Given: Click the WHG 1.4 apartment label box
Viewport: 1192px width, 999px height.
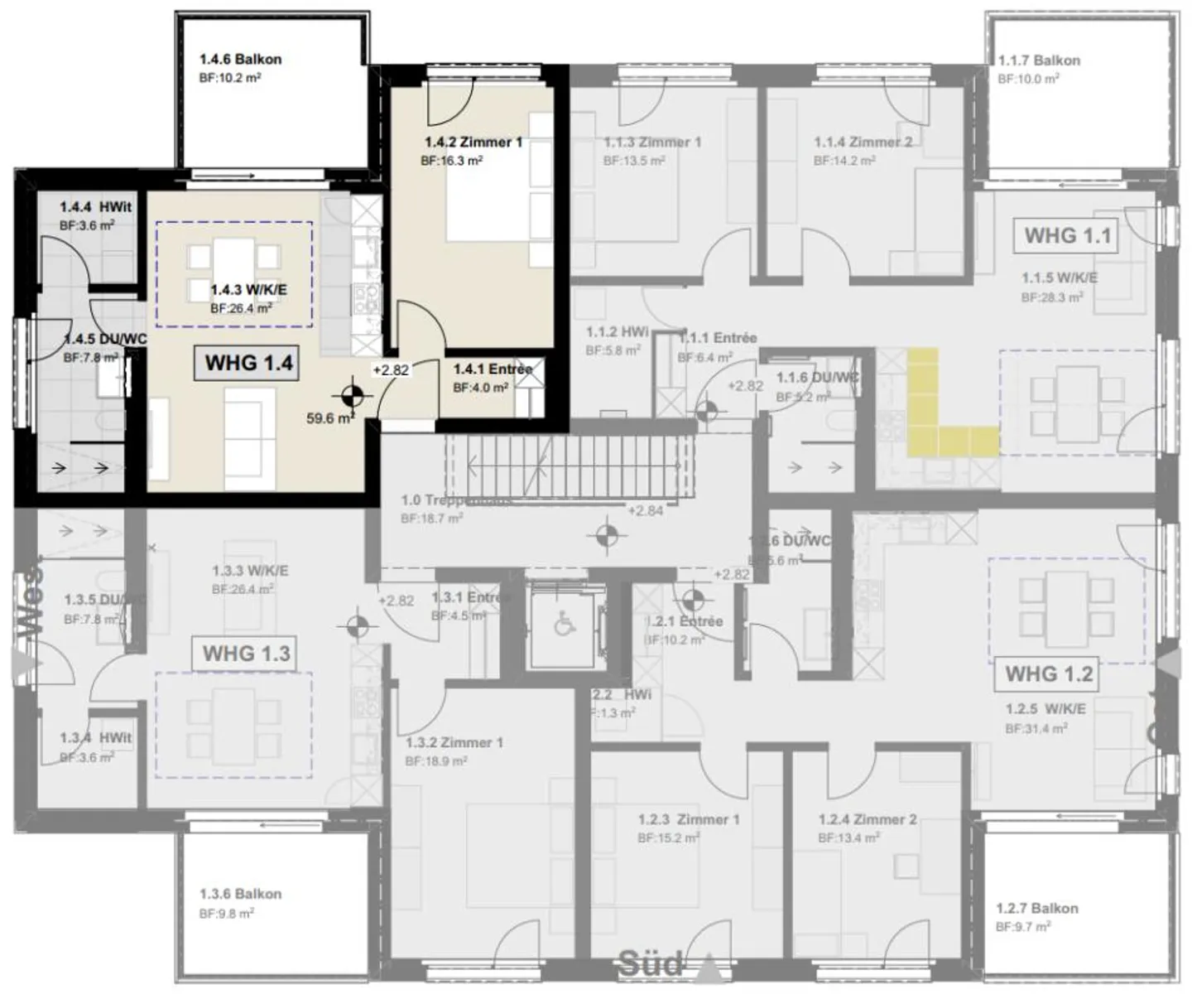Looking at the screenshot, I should (249, 363).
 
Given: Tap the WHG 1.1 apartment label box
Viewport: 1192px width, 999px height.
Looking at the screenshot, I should (1067, 236).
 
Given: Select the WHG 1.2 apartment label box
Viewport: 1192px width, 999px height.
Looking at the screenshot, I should (1048, 673).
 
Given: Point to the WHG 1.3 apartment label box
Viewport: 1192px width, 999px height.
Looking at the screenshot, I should (246, 653).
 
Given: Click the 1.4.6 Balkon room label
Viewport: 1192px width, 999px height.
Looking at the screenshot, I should (240, 60).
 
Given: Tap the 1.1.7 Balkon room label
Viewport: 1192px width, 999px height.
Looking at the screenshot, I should (1039, 60).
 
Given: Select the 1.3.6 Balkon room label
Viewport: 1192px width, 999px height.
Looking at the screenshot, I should (240, 894).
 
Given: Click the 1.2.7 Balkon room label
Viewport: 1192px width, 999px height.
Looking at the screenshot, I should (1037, 908).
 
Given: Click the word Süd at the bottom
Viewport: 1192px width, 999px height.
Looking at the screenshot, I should (651, 964).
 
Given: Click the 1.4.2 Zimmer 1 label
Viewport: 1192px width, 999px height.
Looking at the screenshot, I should (473, 142).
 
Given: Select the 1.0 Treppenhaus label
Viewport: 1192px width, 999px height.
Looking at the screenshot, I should (455, 500).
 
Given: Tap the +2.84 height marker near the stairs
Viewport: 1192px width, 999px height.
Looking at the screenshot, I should (645, 510).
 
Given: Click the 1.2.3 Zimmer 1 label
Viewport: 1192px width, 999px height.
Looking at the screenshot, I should (689, 819).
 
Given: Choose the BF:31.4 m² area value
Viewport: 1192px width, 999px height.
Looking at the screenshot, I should (1036, 729).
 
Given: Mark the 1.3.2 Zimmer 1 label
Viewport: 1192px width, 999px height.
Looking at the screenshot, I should (454, 742).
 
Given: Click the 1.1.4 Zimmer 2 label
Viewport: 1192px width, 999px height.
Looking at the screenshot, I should (863, 142).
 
